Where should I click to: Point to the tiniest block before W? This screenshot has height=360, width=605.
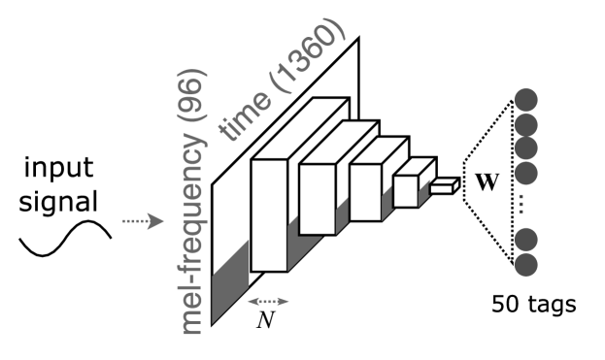(x=443, y=187)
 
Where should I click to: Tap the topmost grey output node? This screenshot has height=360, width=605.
(x=526, y=99)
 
